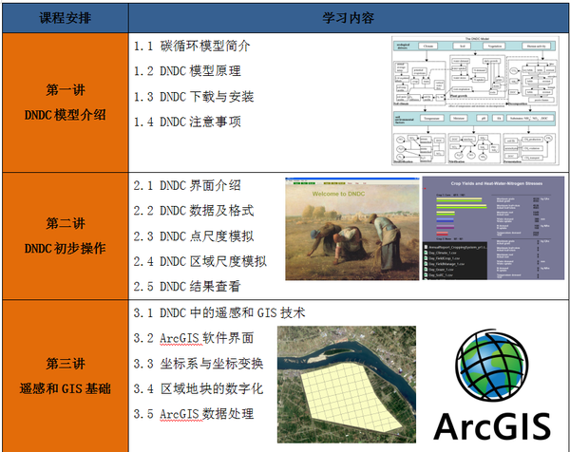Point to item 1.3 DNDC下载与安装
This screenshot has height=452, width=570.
click(x=194, y=97)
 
